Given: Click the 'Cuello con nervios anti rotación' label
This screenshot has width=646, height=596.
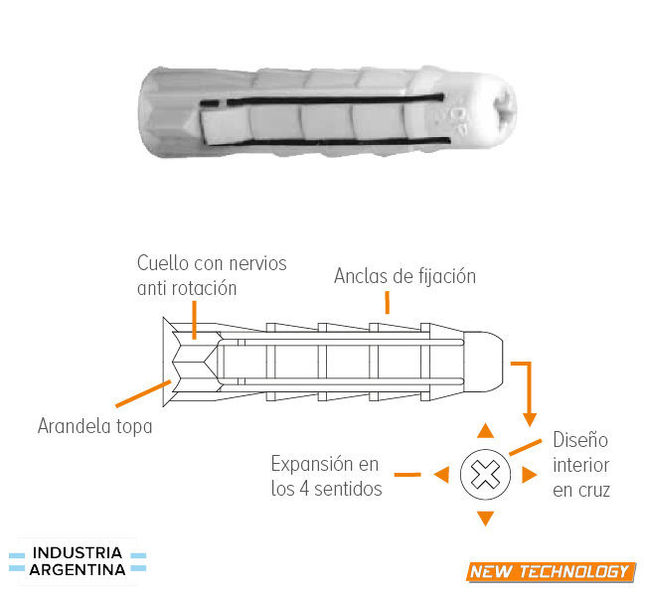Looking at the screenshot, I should (x=212, y=275).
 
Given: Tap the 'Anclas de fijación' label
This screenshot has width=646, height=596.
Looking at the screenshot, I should (x=404, y=275).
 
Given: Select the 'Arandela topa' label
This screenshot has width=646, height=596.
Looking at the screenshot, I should (x=95, y=427).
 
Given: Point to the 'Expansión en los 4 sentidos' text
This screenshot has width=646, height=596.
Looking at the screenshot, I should (x=326, y=476).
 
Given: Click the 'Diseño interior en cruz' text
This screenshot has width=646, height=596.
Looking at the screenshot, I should (x=581, y=464).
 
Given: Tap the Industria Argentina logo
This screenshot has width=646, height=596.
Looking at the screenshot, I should (x=78, y=561).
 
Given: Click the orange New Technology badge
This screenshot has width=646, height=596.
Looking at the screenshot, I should (x=550, y=571).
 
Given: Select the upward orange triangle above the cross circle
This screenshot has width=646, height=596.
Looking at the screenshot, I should (x=485, y=430).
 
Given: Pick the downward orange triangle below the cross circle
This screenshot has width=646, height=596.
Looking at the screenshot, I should (x=485, y=518).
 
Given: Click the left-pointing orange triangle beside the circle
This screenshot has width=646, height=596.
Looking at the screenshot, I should (x=440, y=475).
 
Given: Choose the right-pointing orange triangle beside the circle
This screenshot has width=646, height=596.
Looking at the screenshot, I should (x=530, y=475).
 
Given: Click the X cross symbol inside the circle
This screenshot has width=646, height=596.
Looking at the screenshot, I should (x=485, y=475).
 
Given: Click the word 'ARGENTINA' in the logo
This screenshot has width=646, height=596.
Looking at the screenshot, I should (x=78, y=570).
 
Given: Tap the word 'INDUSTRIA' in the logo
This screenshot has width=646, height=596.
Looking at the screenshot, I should (x=78, y=552).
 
